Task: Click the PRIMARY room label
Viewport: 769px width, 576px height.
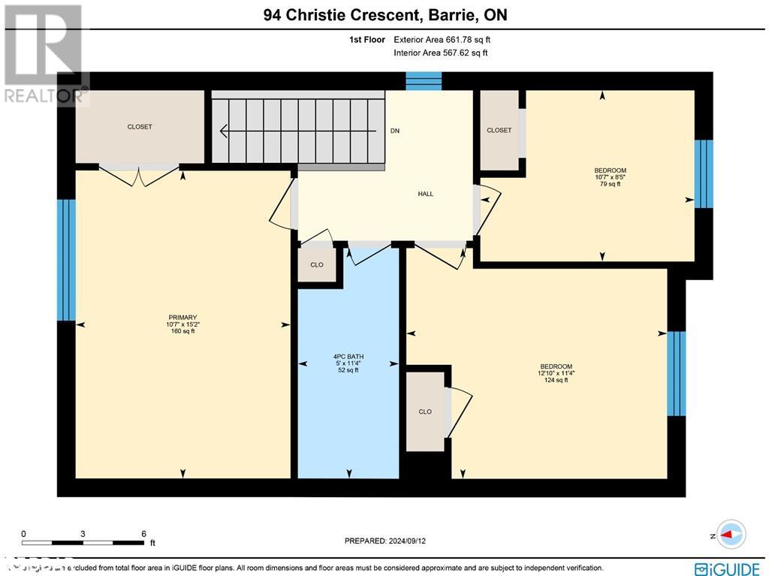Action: click(182, 324)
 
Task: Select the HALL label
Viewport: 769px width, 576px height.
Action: click(426, 194)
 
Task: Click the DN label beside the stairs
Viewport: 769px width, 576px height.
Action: click(395, 131)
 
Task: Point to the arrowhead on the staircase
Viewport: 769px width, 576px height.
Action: click(224, 131)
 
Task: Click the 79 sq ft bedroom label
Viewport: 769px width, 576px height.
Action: click(610, 177)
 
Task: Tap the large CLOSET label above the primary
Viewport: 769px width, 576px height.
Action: click(140, 127)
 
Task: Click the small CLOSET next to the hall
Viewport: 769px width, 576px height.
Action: click(499, 130)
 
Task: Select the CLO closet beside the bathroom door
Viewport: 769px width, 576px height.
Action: click(317, 264)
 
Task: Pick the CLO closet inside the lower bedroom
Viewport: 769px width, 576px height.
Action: click(426, 412)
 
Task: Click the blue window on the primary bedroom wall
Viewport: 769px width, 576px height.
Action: click(66, 260)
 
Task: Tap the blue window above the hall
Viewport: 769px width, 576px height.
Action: click(424, 81)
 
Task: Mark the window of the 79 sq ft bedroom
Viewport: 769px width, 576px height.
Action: click(704, 173)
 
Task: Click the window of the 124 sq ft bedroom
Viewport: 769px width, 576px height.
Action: click(677, 373)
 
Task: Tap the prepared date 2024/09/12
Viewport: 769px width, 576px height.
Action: click(390, 541)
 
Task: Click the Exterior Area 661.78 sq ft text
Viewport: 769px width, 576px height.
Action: click(442, 40)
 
